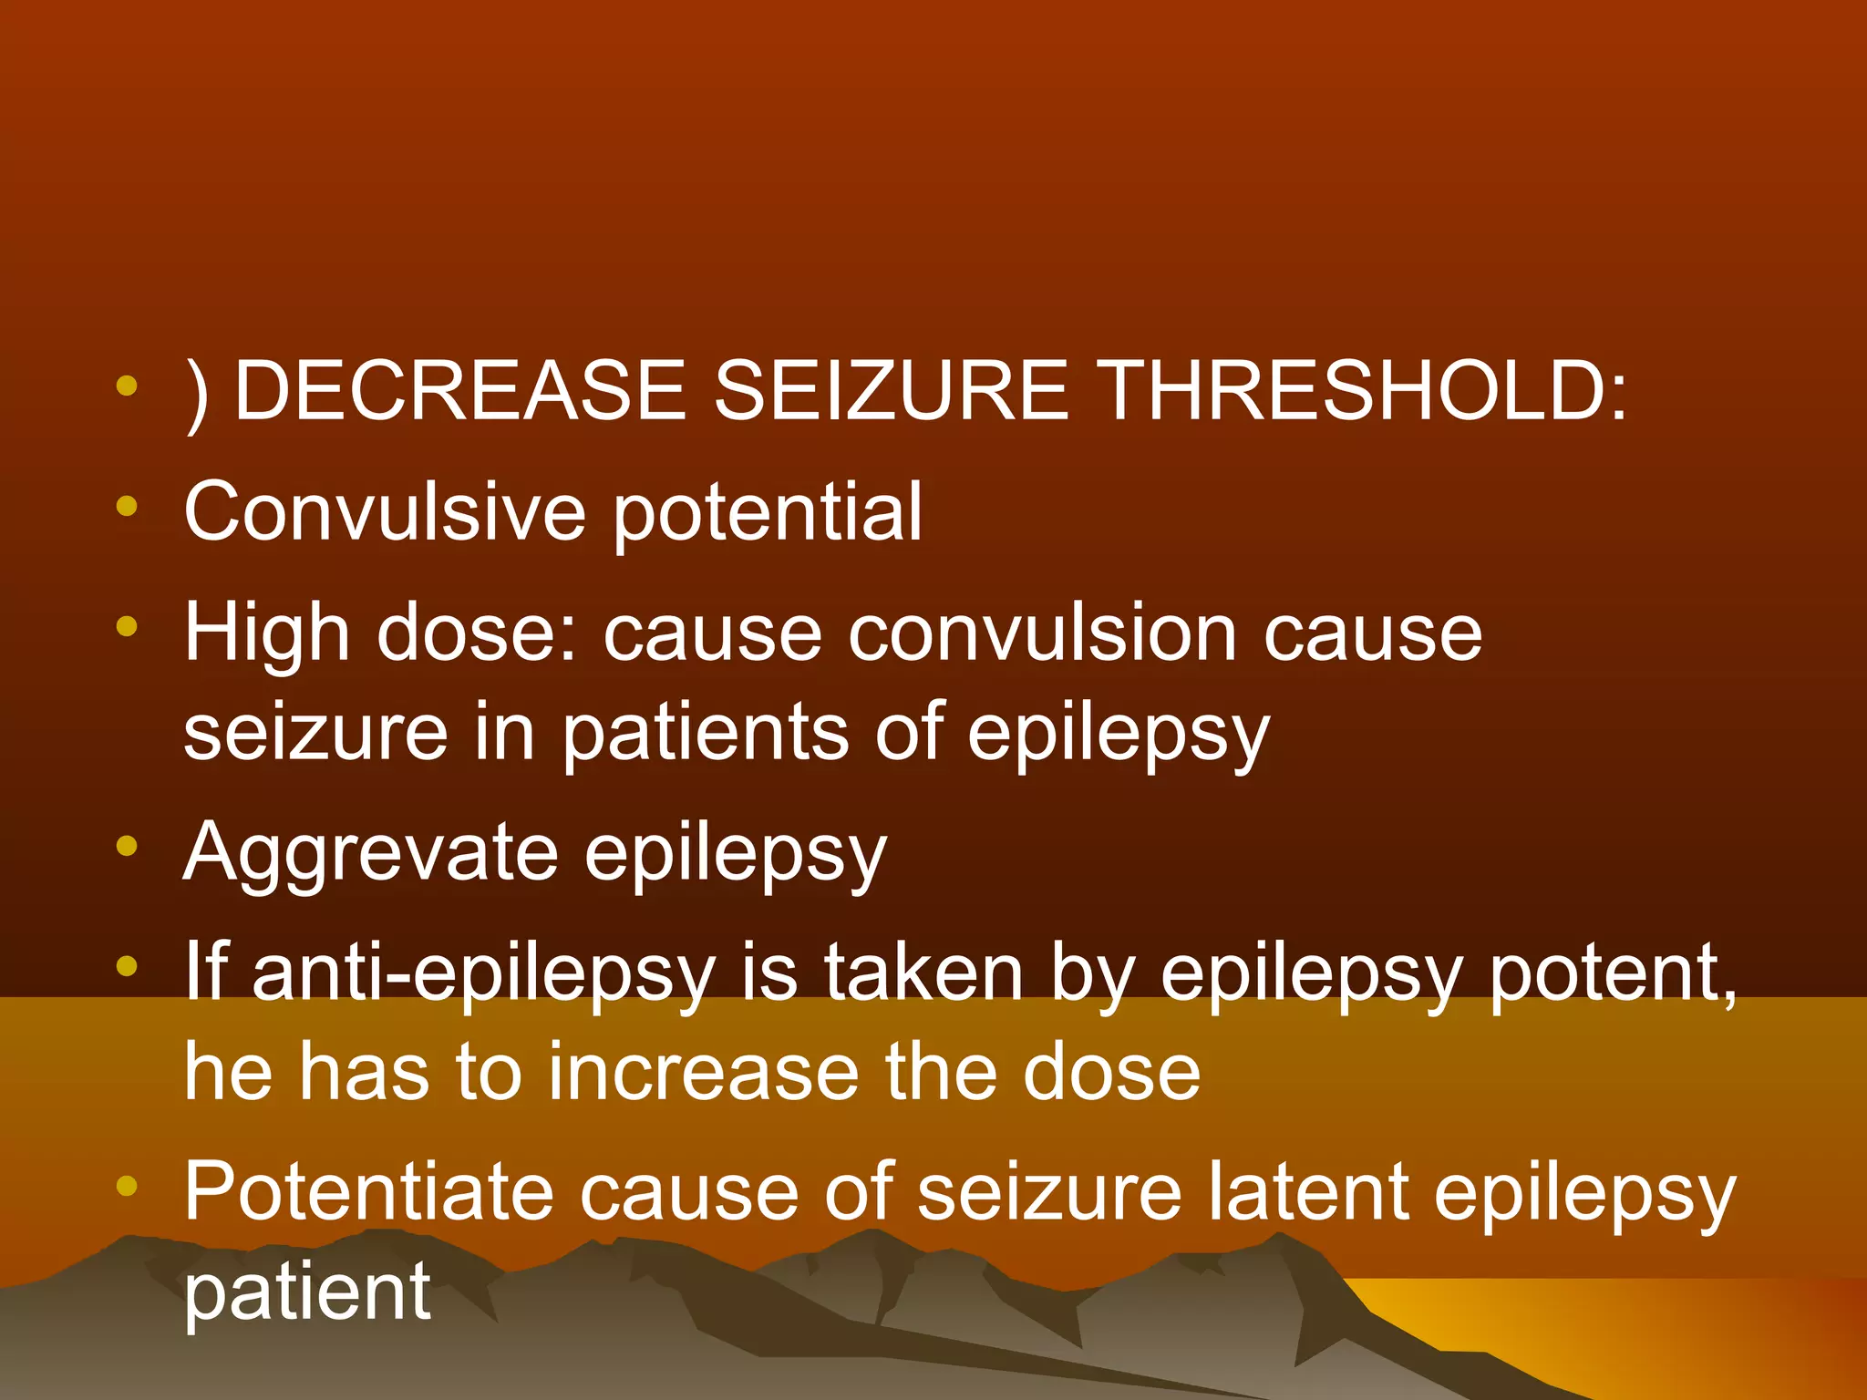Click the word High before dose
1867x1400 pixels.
point(266,635)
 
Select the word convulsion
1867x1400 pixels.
point(1042,633)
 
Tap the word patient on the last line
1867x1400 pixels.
point(307,1292)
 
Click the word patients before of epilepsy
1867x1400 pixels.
point(705,734)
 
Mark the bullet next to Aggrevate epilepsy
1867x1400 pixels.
point(127,847)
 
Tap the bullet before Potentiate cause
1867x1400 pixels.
point(127,1186)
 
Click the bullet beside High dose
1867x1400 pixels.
point(127,627)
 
